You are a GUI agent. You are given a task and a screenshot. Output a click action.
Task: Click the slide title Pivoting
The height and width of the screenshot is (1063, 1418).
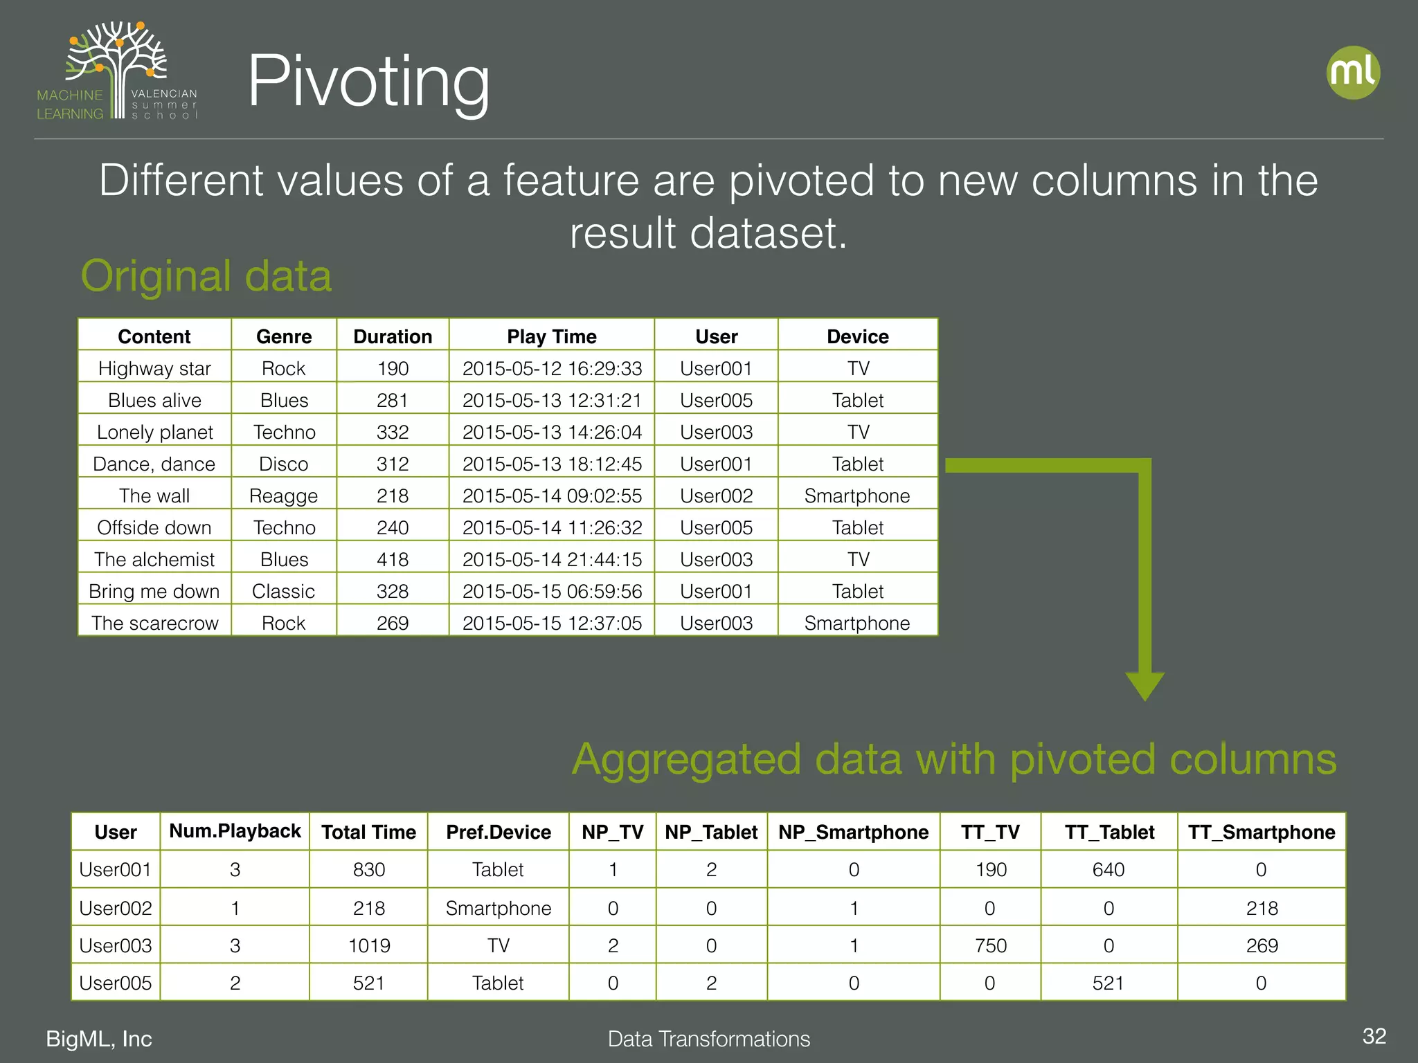(x=368, y=82)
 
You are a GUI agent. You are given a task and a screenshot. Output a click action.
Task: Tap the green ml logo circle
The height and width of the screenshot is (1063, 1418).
(x=1352, y=73)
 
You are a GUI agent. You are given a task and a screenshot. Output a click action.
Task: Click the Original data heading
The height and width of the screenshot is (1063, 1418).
(x=206, y=276)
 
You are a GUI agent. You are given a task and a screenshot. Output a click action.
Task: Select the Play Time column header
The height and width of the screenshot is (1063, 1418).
(x=551, y=336)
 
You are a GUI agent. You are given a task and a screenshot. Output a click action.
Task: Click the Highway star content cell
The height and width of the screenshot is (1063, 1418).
(x=154, y=368)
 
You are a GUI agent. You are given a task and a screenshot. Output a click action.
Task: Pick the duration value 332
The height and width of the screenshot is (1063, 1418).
(x=393, y=432)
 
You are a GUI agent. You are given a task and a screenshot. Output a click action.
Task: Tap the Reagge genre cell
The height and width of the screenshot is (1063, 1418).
(x=283, y=496)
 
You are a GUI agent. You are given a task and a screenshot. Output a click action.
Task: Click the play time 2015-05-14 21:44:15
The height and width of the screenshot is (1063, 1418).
(x=552, y=559)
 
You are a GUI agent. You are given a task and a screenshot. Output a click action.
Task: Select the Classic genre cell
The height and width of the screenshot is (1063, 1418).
(x=283, y=591)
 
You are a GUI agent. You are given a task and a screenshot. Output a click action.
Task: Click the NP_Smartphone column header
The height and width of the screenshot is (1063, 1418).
(x=853, y=832)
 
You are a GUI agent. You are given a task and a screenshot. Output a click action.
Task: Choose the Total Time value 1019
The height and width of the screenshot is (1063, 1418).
(x=369, y=945)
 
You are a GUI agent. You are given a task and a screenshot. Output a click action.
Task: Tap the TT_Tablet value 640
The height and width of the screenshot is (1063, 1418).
(x=1109, y=869)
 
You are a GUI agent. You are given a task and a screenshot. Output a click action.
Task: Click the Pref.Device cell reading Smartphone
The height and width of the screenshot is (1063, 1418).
(x=499, y=908)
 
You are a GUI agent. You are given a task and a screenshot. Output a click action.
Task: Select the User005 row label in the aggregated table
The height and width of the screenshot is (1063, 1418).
(x=116, y=983)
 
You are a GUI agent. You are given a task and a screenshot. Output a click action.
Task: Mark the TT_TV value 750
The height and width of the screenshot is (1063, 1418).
(x=990, y=945)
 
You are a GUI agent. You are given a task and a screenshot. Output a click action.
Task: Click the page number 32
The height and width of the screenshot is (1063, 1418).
(x=1374, y=1036)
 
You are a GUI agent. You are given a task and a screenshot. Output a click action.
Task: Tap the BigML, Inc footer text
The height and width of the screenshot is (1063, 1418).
(x=99, y=1039)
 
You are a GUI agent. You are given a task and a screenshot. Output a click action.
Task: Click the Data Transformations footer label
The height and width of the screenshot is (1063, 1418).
(x=708, y=1039)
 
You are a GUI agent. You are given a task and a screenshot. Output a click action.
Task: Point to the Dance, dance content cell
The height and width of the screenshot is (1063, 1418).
(x=154, y=464)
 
